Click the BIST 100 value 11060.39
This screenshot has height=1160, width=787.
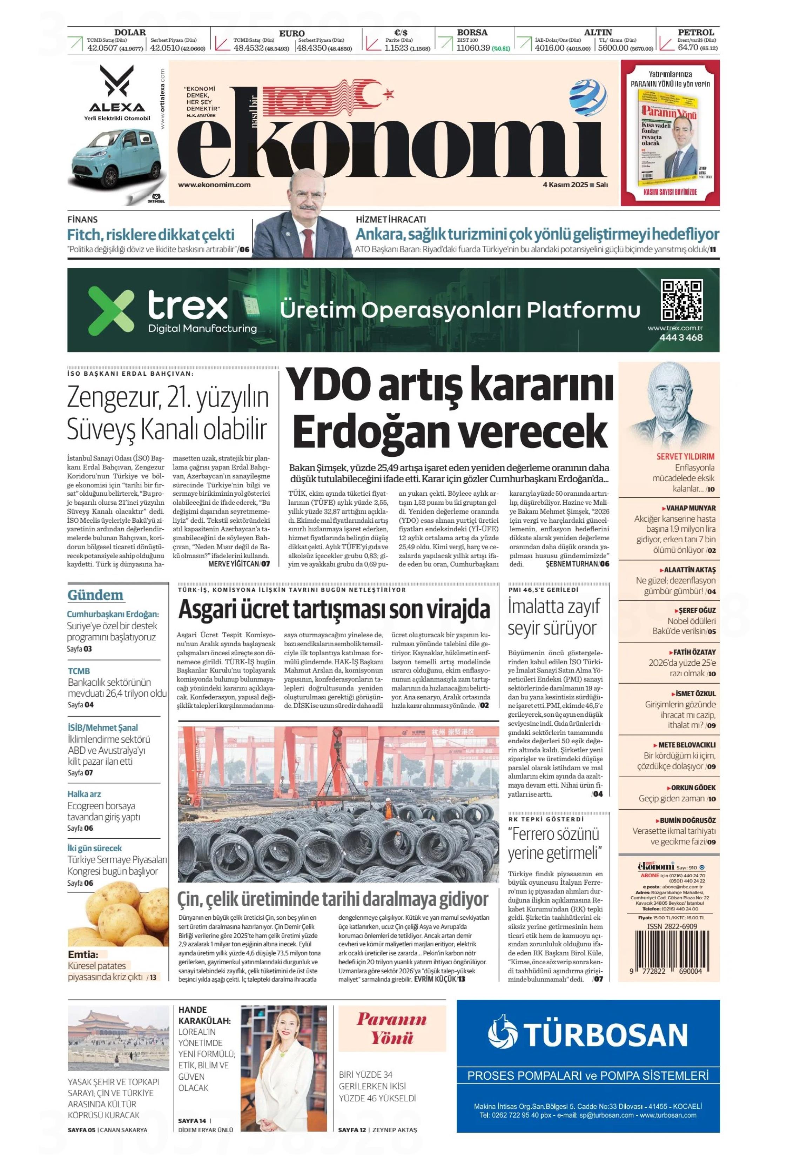[x=473, y=48]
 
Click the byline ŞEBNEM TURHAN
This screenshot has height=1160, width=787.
[x=571, y=564]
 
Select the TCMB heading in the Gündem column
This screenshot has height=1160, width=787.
[x=79, y=671]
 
